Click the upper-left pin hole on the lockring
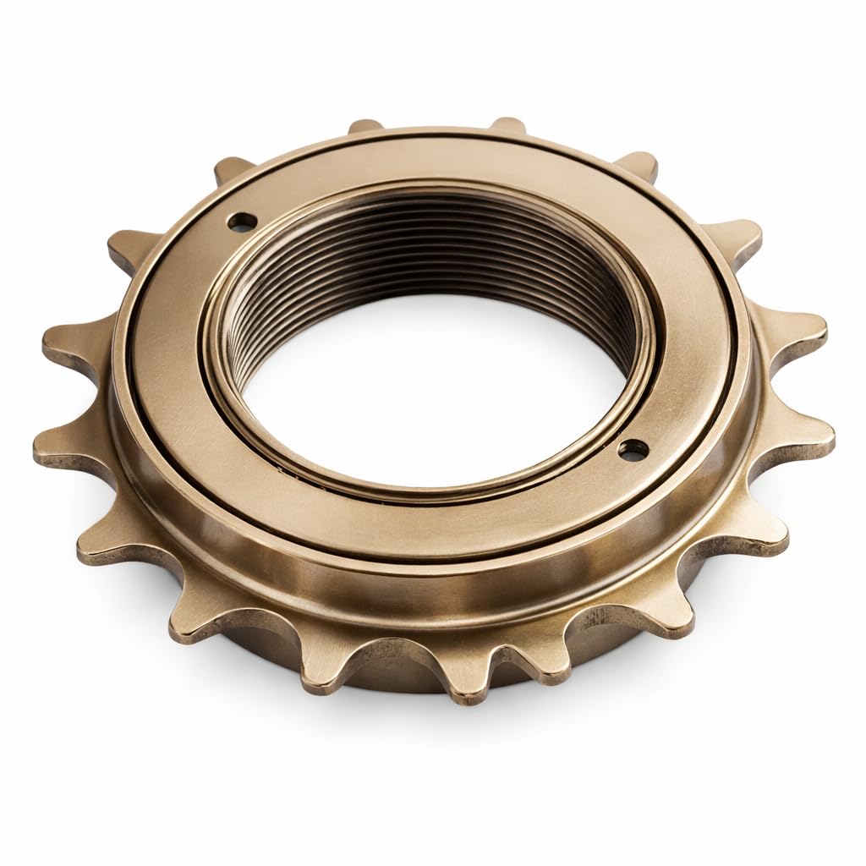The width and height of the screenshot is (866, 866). pos(244,222)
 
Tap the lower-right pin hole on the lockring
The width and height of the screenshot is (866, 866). pos(628,451)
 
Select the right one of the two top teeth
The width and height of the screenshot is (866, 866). pos(507,127)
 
